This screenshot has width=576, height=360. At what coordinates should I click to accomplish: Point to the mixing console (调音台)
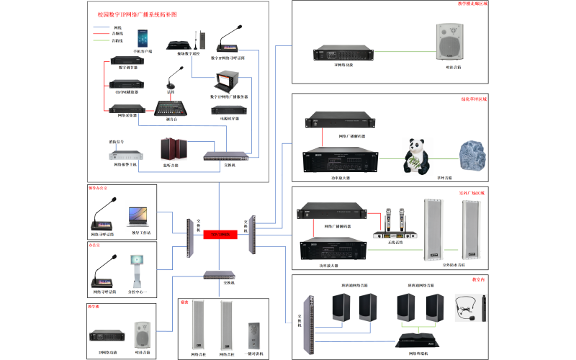pyautogui.click(x=172, y=107)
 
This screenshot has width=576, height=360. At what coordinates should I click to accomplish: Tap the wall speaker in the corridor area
pyautogui.click(x=447, y=42)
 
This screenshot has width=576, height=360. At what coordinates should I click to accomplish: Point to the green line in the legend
pyautogui.click(x=100, y=40)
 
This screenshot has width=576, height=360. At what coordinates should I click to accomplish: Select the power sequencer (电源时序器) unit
pyautogui.click(x=230, y=110)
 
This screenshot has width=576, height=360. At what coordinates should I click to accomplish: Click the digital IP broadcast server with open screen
pyautogui.click(x=228, y=83)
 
